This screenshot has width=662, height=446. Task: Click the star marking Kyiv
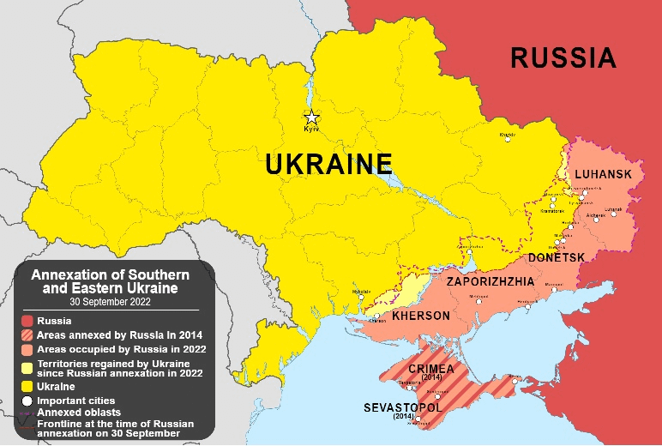tap(312, 118)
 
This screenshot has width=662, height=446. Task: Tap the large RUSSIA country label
tap(563, 57)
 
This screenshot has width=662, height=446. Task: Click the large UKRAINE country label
tap(328, 164)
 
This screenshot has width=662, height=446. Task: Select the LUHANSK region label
tap(603, 175)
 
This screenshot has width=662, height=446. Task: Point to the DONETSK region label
tap(557, 257)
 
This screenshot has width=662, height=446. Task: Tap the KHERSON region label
tap(420, 316)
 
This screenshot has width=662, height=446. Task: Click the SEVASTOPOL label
tap(403, 407)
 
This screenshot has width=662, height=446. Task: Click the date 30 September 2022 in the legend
tap(110, 302)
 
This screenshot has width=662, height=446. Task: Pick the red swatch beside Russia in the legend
tap(28, 322)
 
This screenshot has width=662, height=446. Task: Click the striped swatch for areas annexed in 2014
tap(28, 335)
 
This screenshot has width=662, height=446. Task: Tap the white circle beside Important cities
tap(28, 400)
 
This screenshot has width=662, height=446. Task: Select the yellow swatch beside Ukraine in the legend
tap(28, 387)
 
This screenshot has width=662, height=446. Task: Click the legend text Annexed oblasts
tap(79, 413)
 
